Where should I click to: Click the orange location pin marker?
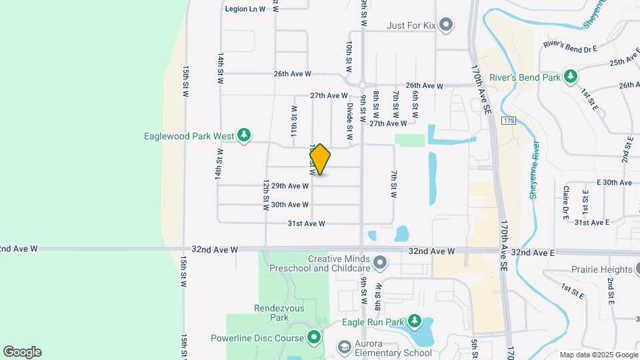tap(320, 159)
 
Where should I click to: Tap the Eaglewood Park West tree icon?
tap(244, 136)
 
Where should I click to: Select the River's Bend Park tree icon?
tap(571, 77)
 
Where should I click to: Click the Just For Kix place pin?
tap(447, 26)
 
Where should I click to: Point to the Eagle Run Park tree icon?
tap(415, 322)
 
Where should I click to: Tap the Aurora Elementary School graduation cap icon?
tap(344, 348)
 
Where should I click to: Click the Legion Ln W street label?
tap(245, 9)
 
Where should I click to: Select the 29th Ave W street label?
tap(290, 186)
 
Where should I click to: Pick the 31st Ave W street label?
tap(306, 224)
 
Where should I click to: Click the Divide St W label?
tap(349, 115)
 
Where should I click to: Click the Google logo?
tap(22, 352)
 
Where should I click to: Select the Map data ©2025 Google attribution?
tap(598, 355)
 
